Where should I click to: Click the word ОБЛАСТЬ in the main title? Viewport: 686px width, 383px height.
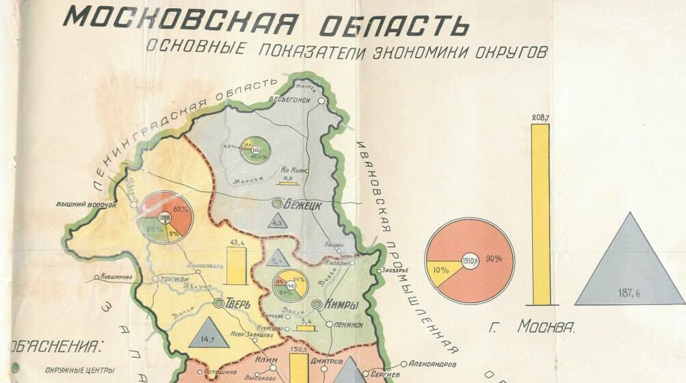pyautogui.click(x=391, y=24)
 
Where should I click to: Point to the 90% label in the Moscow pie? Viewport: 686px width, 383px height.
pyautogui.click(x=494, y=259)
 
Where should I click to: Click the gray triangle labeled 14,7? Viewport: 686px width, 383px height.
pyautogui.click(x=209, y=334)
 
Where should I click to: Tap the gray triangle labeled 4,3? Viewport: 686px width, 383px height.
pyautogui.click(x=277, y=221)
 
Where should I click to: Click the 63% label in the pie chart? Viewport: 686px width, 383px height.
pyautogui.click(x=181, y=209)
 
